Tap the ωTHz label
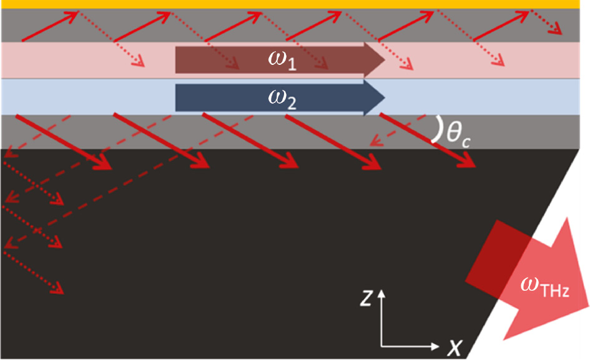(x=544, y=288)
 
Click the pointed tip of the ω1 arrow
(x=383, y=61)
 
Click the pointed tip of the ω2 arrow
(x=383, y=97)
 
